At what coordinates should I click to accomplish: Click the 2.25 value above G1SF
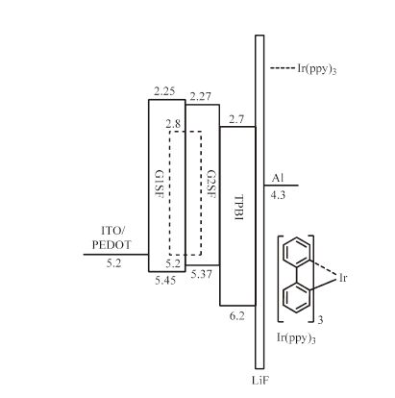[x=164, y=91]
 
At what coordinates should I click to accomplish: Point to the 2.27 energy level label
[x=201, y=96]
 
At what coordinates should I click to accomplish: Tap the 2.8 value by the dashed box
[x=173, y=124]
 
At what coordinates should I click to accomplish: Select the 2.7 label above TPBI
[x=236, y=120]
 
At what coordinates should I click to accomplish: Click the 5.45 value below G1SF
[x=165, y=281]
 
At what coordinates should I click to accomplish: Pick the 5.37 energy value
[x=202, y=274]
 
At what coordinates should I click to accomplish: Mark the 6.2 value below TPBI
[x=237, y=316]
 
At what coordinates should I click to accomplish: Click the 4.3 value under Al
[x=278, y=195]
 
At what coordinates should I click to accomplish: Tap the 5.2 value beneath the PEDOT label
[x=113, y=263]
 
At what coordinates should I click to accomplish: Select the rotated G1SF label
[x=159, y=184]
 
